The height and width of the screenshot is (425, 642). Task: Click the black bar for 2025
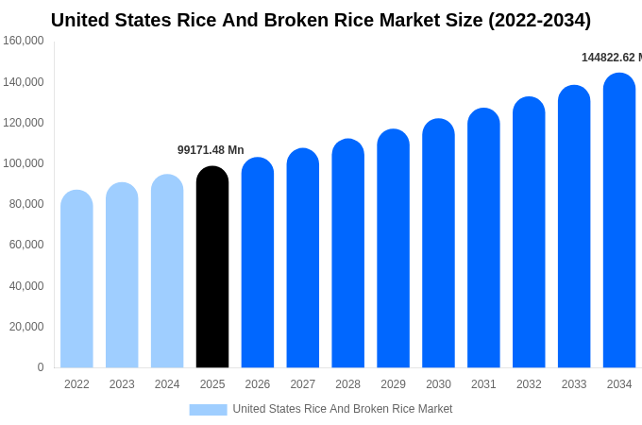click(212, 269)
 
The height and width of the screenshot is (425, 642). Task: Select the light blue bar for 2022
click(76, 280)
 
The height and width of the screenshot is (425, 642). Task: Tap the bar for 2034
click(619, 222)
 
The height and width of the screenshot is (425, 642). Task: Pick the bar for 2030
click(438, 245)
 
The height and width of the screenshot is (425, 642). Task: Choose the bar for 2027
click(303, 260)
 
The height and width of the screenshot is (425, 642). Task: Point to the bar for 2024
click(167, 273)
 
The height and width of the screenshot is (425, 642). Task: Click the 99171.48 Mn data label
click(211, 150)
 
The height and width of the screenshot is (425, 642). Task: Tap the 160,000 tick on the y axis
click(24, 41)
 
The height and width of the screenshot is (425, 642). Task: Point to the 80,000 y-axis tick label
click(26, 204)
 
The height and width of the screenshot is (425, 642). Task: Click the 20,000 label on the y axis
click(26, 327)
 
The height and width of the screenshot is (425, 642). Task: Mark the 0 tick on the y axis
click(41, 367)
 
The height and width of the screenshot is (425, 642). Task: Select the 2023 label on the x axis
click(122, 384)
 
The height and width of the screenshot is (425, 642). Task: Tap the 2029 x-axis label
click(393, 384)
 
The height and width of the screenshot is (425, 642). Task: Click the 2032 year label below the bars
click(529, 384)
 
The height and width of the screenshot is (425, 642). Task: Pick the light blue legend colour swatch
click(208, 409)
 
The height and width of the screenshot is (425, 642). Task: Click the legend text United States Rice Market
click(343, 409)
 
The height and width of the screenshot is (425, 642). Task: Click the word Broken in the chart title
click(261, 20)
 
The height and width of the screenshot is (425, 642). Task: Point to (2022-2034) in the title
click(539, 20)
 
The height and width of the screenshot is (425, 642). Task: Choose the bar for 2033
click(574, 228)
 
